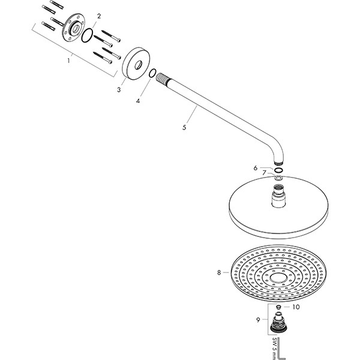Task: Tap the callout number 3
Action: [119, 89]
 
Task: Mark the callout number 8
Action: [219, 273]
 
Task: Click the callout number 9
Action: [259, 320]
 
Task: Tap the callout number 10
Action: [294, 307]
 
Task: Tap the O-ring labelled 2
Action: [88, 35]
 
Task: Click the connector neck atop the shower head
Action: [280, 197]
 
